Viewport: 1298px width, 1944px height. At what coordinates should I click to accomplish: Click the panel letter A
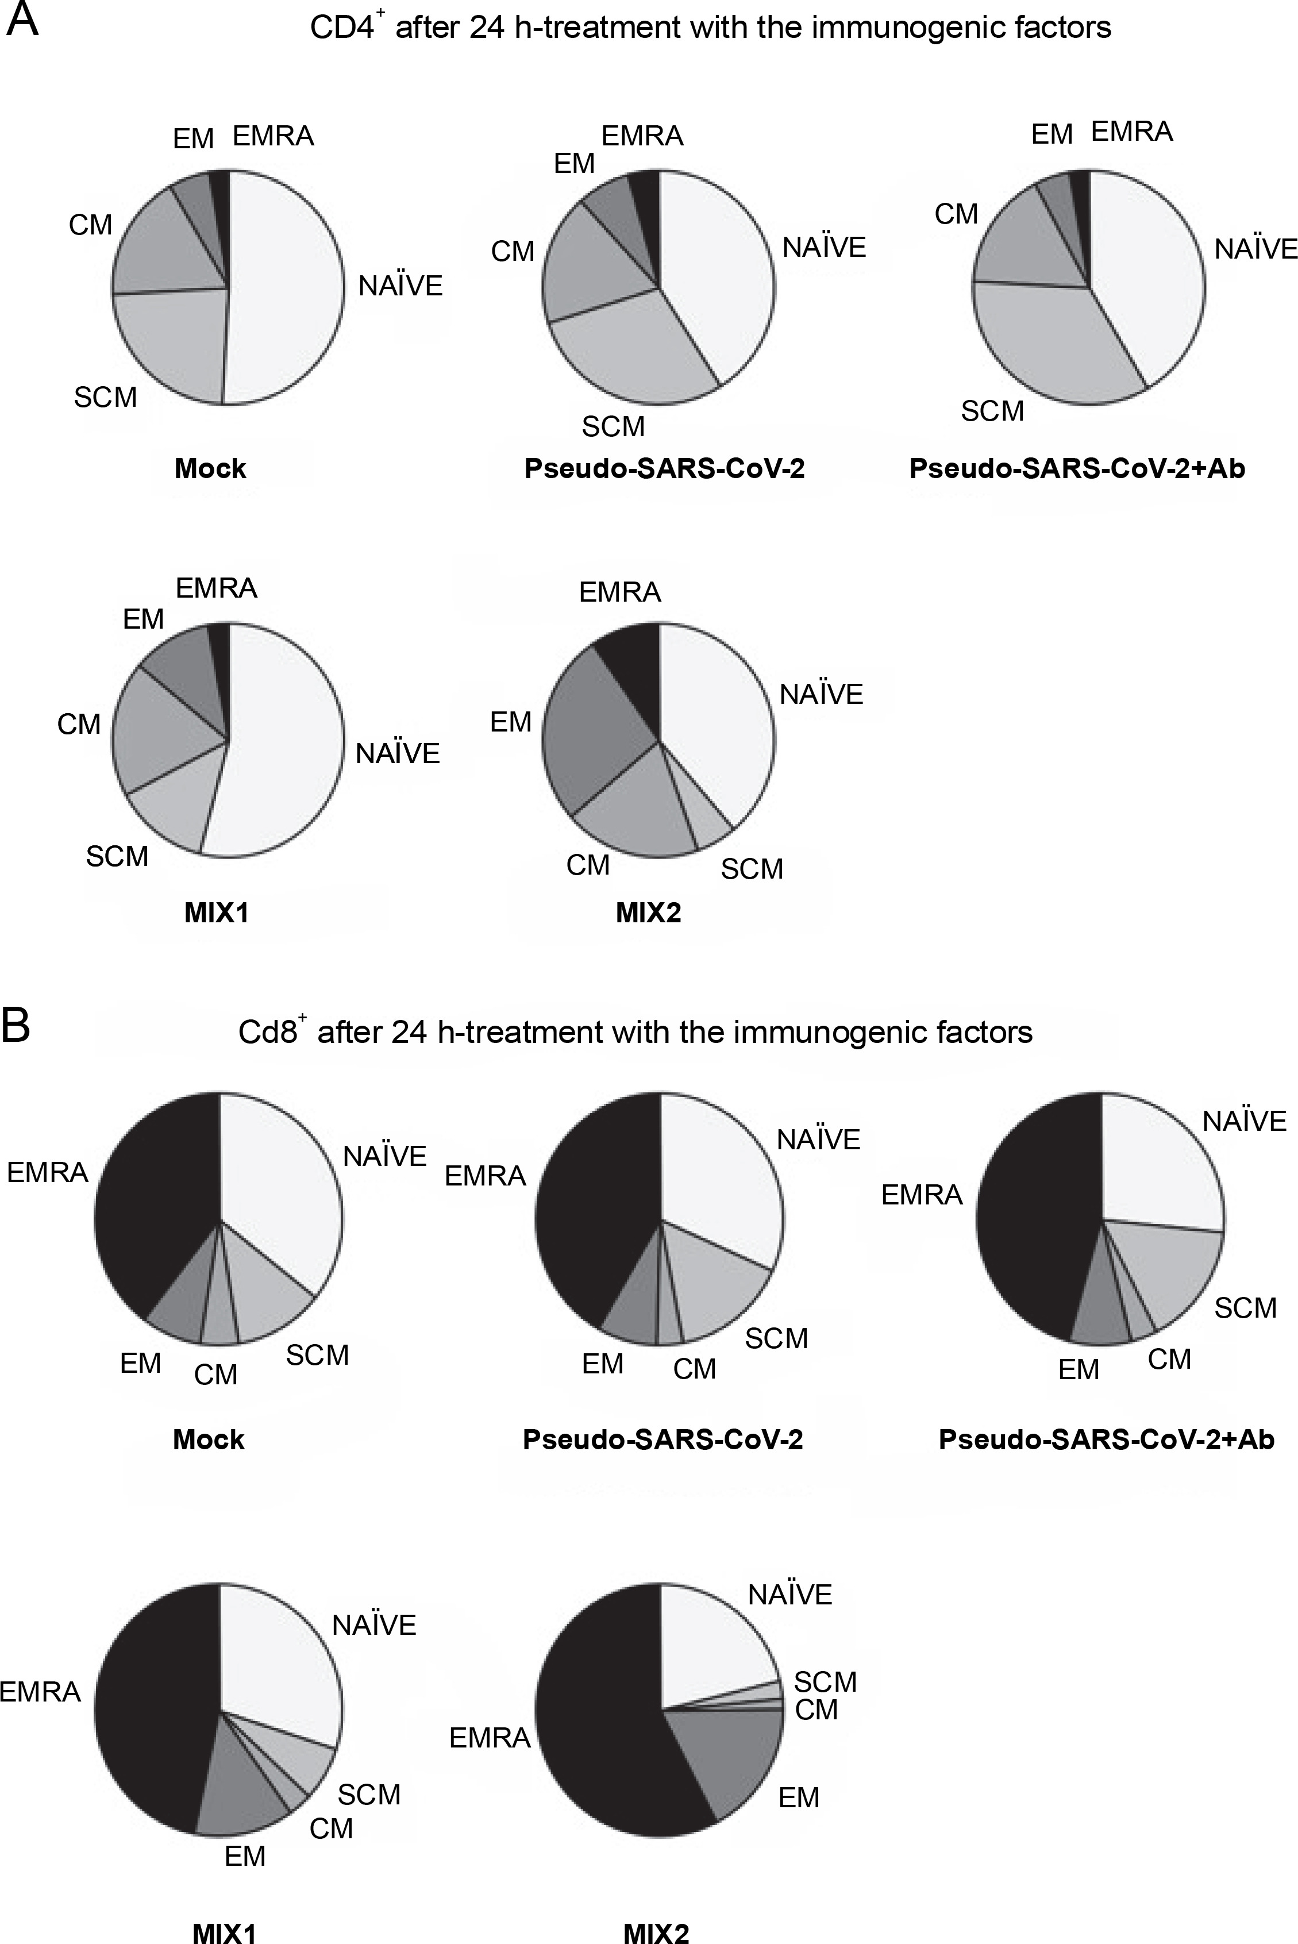22,20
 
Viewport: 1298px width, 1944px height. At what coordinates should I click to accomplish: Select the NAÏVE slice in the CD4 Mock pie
286,290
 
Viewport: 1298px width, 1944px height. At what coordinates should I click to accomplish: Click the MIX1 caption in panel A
216,913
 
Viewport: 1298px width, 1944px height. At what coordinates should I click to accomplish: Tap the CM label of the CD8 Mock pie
216,1375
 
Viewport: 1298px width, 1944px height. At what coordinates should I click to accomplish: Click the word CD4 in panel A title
342,28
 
